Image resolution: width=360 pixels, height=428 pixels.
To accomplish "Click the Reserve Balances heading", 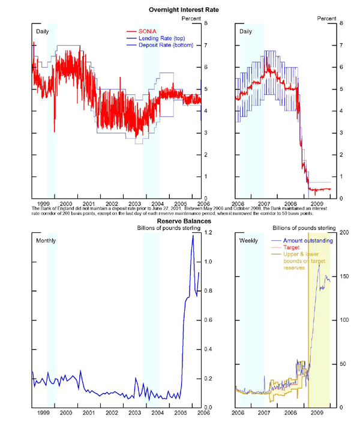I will coord(180,221).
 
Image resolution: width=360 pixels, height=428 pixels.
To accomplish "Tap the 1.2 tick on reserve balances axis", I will coord(208,232).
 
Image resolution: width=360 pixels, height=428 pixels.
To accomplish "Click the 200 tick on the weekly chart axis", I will coord(344,232).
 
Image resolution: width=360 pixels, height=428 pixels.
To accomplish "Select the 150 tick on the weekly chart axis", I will coord(344,276).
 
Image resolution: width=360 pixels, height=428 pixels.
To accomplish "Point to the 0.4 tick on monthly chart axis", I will coord(208,349).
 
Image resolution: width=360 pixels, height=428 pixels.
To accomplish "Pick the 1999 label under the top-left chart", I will coord(43,203).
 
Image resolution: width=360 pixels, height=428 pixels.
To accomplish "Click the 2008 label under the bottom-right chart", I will coord(291,413).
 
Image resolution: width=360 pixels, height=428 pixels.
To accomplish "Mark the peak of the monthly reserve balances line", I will coord(193,235).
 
